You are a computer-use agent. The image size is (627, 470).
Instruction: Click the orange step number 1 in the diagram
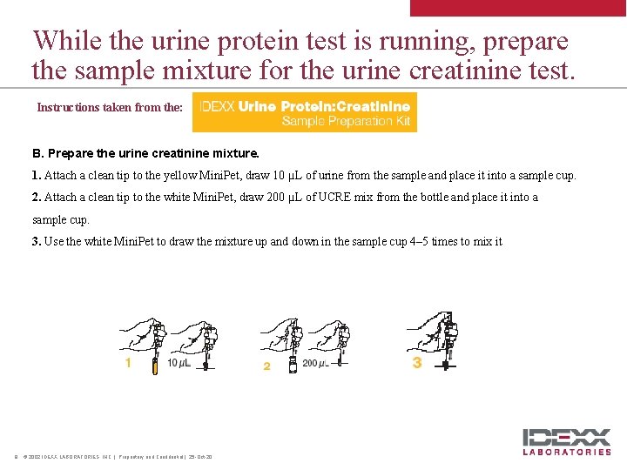[x=128, y=363]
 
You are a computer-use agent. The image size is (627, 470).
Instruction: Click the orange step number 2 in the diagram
[x=266, y=366]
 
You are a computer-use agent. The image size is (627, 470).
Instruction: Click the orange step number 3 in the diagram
[x=417, y=362]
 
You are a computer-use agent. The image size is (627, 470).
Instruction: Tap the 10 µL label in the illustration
[x=179, y=363]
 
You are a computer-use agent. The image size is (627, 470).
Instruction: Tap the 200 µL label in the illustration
[x=315, y=363]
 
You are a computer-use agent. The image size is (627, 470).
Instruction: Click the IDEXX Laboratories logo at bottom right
[x=566, y=441]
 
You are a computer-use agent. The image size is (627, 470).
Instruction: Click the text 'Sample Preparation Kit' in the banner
[x=346, y=121]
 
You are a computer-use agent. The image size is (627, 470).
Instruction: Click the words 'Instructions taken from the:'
[x=110, y=108]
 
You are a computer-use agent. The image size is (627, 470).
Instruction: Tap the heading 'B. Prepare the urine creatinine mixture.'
[x=145, y=153]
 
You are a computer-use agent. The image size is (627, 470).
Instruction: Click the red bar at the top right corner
[x=518, y=7]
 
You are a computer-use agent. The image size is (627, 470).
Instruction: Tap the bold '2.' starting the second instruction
[x=37, y=198]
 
